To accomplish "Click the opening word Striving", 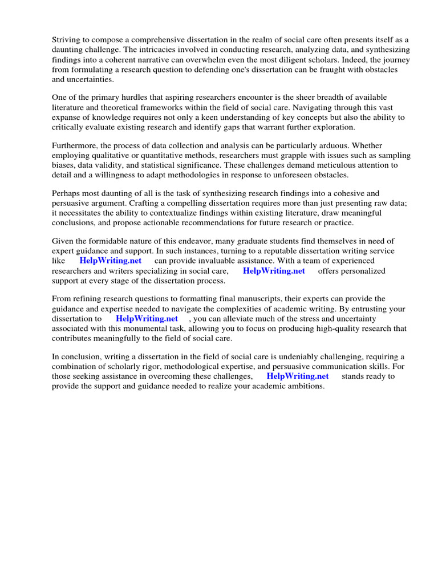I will pos(67,40).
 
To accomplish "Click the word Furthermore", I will pos(77,145).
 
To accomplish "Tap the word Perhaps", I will pos(68,194).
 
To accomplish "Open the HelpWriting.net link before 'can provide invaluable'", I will pos(111,261).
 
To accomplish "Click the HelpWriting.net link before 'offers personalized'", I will pos(274,271).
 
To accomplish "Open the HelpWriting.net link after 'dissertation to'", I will pos(147,319).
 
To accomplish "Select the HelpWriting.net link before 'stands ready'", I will pos(298,376).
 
